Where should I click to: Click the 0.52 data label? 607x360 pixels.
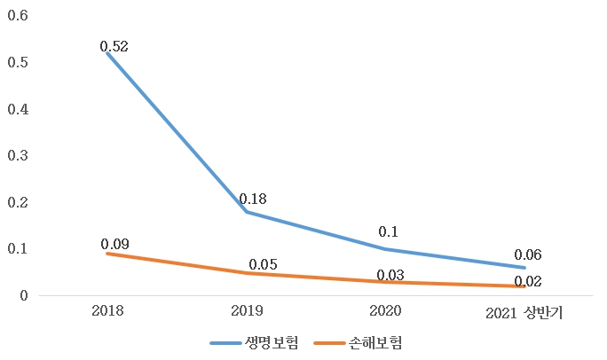[x=114, y=47]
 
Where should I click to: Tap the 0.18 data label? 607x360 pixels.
[x=253, y=199]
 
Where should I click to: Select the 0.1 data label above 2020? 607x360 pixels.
[x=388, y=231]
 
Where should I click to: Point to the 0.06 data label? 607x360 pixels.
[x=527, y=254]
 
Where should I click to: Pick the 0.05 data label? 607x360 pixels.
[x=264, y=264]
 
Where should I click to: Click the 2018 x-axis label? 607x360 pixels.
[x=107, y=311]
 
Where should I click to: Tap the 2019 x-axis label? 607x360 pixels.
[x=246, y=311]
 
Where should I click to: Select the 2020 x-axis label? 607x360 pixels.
[x=385, y=311]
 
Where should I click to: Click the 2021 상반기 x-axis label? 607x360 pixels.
[x=524, y=312]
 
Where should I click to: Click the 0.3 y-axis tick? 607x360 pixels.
[x=19, y=156]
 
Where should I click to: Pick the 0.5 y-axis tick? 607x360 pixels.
[x=19, y=63]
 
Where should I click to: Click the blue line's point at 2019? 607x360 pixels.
[x=246, y=212]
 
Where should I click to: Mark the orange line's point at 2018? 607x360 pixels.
[x=107, y=254]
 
